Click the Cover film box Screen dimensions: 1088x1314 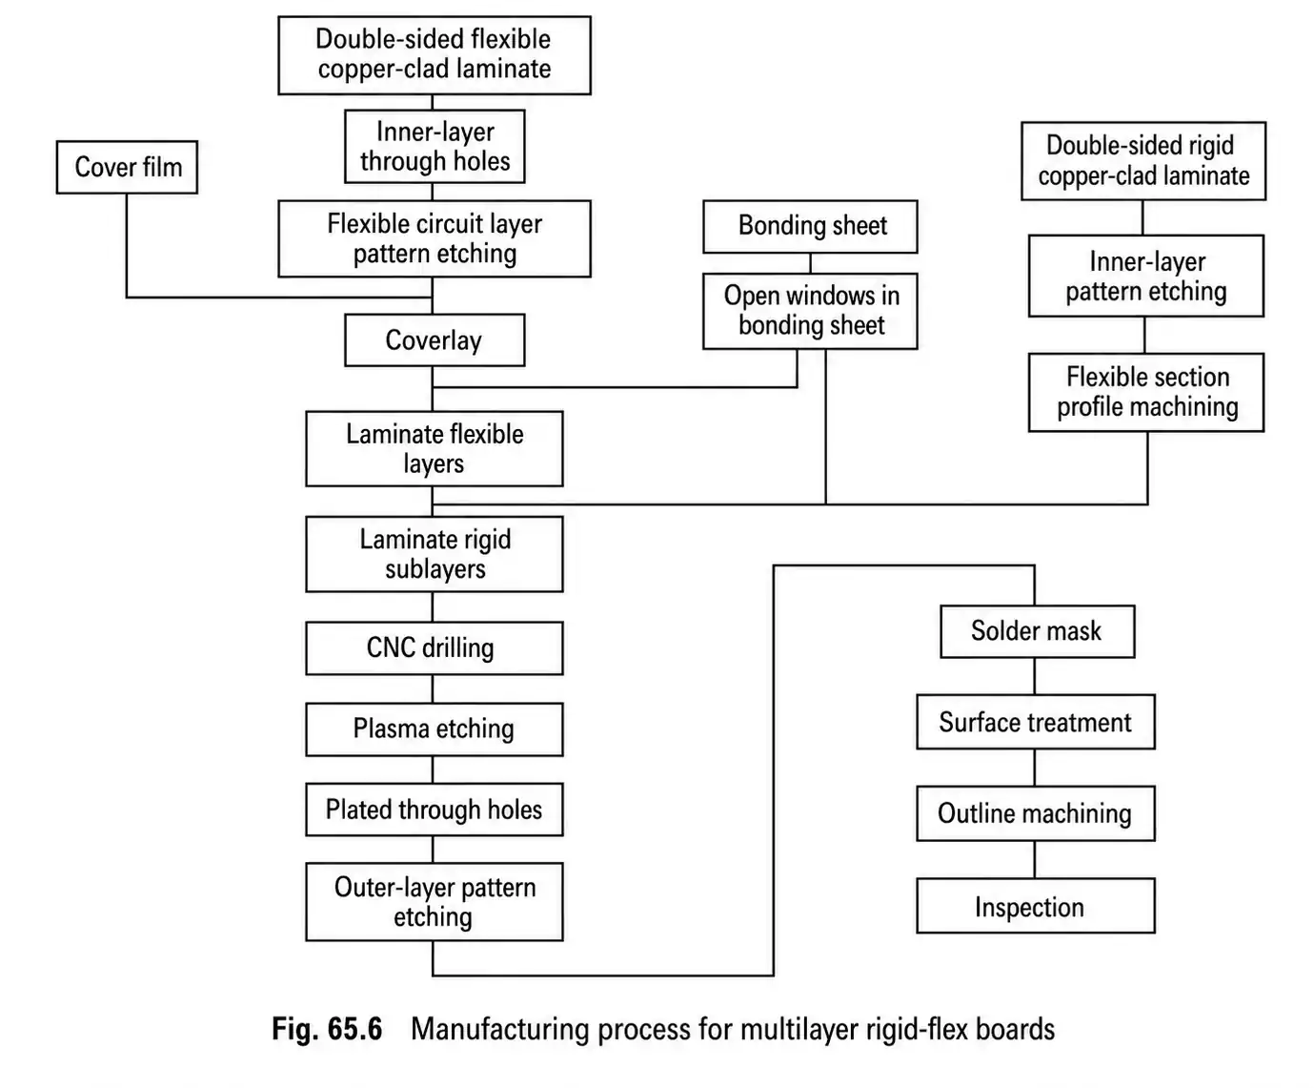coord(127,168)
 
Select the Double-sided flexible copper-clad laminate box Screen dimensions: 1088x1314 coord(434,54)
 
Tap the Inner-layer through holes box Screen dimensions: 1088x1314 coord(435,147)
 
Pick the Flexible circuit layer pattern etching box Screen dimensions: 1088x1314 coord(434,238)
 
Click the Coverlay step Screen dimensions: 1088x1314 coord(434,340)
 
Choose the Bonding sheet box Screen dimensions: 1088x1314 coord(810,226)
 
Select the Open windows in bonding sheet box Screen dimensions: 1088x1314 coord(810,311)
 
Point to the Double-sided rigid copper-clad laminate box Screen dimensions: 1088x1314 coord(1143,161)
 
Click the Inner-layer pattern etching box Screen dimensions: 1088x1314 coord(1145,277)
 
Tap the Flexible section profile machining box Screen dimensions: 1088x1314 coord(1145,392)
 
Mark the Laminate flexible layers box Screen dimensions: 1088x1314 coord(434,449)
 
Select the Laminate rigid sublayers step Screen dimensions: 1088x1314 coord(434,554)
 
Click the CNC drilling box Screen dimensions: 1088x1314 coord(434,648)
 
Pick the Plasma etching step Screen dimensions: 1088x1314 coord(434,729)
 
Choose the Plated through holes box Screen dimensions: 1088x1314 coord(434,810)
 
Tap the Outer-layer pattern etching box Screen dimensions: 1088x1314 coord(434,902)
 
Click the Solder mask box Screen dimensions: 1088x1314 coord(1037,631)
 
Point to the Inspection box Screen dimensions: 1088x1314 coord(1035,907)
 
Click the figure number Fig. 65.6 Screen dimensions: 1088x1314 coord(327,1030)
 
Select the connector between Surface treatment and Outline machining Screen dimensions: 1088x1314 coord(1035,768)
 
